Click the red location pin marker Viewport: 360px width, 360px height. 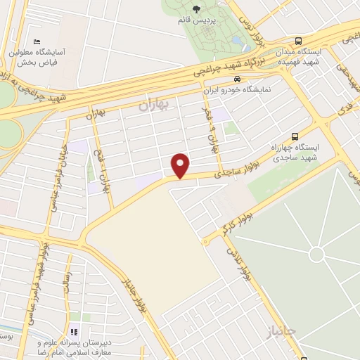tap(181, 165)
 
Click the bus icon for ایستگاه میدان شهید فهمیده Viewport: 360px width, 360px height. tap(300, 41)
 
